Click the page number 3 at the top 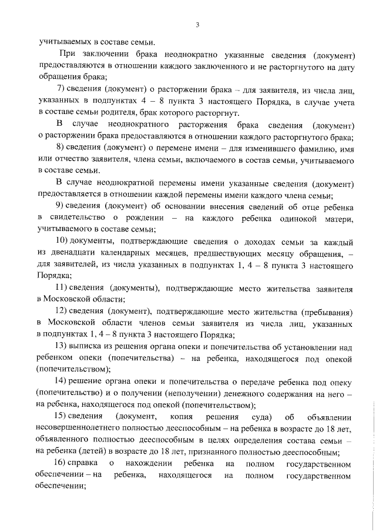pyautogui.click(x=198, y=25)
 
